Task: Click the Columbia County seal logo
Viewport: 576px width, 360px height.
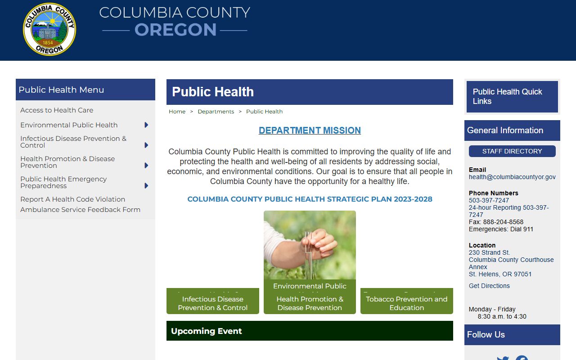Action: click(x=49, y=30)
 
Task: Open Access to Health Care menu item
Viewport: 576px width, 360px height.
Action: click(x=57, y=110)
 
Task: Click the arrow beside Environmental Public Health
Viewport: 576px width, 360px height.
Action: click(x=146, y=125)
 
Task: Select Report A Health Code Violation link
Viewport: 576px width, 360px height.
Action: click(x=72, y=199)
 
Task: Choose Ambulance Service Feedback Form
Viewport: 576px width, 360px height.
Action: click(x=80, y=210)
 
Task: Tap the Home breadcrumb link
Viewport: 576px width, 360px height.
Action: click(x=177, y=112)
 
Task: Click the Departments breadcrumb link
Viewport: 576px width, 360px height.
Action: click(x=216, y=112)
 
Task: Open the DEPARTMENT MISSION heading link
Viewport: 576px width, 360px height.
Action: click(x=310, y=130)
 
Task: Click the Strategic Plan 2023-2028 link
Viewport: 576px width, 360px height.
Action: click(x=310, y=199)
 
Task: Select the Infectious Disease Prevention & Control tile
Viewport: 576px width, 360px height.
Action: click(x=212, y=303)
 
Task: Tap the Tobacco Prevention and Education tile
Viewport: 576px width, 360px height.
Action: click(x=406, y=303)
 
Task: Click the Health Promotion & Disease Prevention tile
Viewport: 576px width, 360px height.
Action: click(x=310, y=303)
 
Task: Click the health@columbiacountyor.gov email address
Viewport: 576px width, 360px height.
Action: click(x=512, y=177)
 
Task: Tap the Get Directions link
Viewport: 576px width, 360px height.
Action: click(x=489, y=286)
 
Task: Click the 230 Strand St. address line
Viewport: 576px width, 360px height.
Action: click(x=489, y=252)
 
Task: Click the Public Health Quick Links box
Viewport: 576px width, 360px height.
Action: click(x=512, y=96)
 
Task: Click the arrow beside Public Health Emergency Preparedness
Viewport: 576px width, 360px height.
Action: click(x=146, y=185)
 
